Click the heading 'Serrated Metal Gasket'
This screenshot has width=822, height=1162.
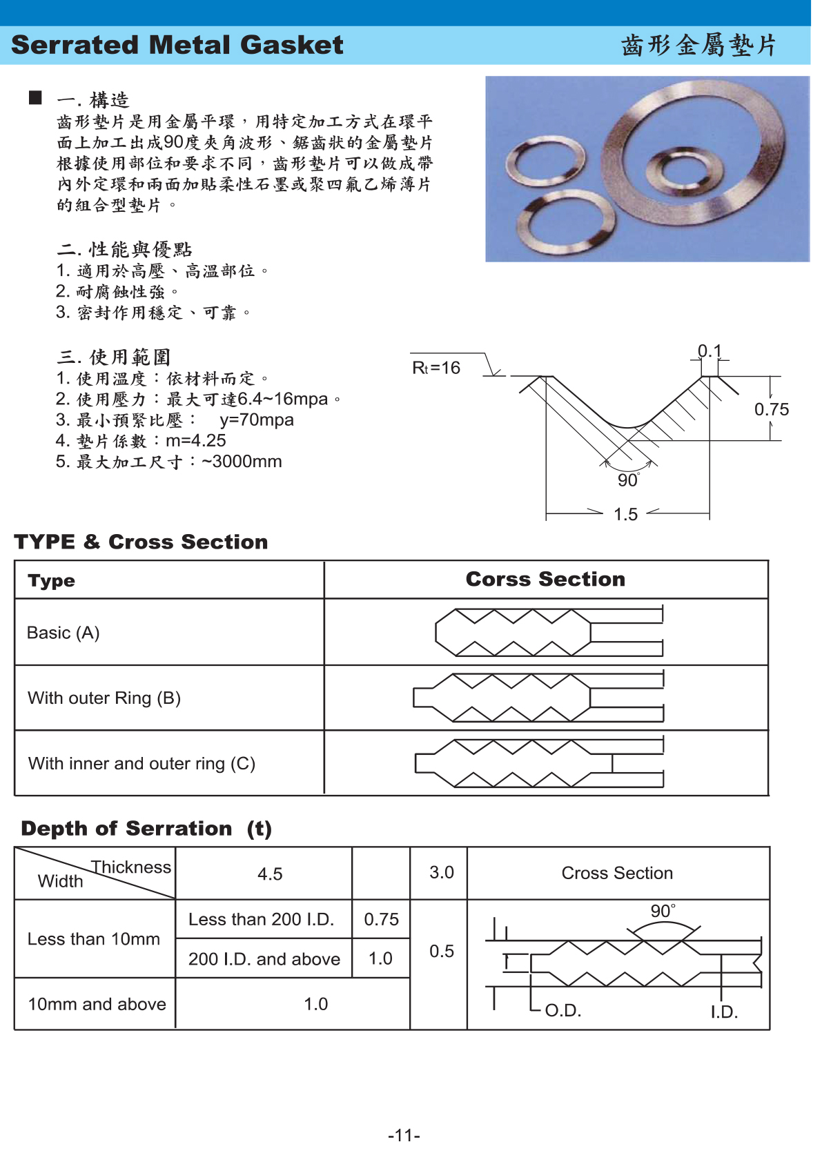coord(177,45)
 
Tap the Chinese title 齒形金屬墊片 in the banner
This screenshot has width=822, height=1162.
coord(698,46)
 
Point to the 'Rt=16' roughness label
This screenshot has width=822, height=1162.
coord(436,368)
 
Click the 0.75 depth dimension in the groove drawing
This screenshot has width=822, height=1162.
coord(771,409)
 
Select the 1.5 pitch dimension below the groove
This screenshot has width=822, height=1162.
coord(625,514)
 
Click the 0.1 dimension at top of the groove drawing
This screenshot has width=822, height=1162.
coord(709,351)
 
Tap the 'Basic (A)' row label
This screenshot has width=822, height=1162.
coord(63,633)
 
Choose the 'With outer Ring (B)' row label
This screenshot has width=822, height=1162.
coord(104,698)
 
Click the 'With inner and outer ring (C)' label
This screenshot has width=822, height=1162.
coord(141,763)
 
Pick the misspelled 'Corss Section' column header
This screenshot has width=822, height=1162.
coord(545,579)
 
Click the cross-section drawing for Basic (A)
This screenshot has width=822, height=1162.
coord(549,632)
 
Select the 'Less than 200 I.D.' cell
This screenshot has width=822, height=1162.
coord(261,919)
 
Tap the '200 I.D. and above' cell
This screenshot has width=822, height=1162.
coord(264,958)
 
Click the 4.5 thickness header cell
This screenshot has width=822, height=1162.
coord(270,874)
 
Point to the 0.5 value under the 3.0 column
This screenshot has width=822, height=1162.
coord(442,951)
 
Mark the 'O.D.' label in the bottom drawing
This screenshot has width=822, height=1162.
coord(563,1011)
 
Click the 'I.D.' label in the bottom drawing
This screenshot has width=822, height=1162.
coord(724,1012)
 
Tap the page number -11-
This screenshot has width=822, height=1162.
coord(404,1135)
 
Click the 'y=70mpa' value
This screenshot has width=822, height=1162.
coord(257,420)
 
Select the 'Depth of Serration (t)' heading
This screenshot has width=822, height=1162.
coord(146,828)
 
